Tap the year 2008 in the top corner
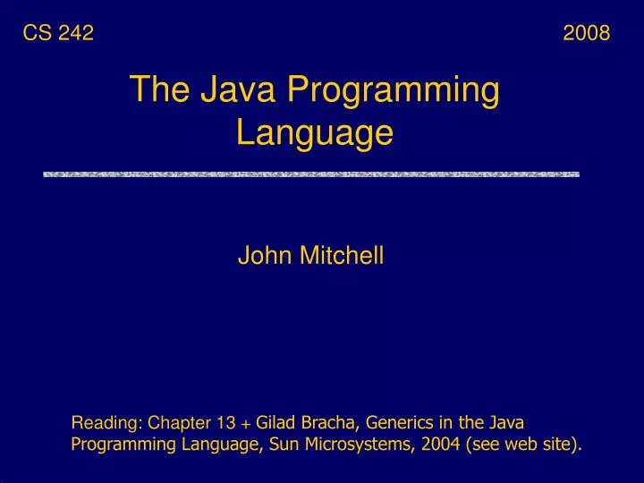587,34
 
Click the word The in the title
160,90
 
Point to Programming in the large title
393,92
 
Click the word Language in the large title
315,133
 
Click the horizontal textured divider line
311,174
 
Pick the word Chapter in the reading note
180,423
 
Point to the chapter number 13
226,423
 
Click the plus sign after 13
246,423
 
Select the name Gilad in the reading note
277,422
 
